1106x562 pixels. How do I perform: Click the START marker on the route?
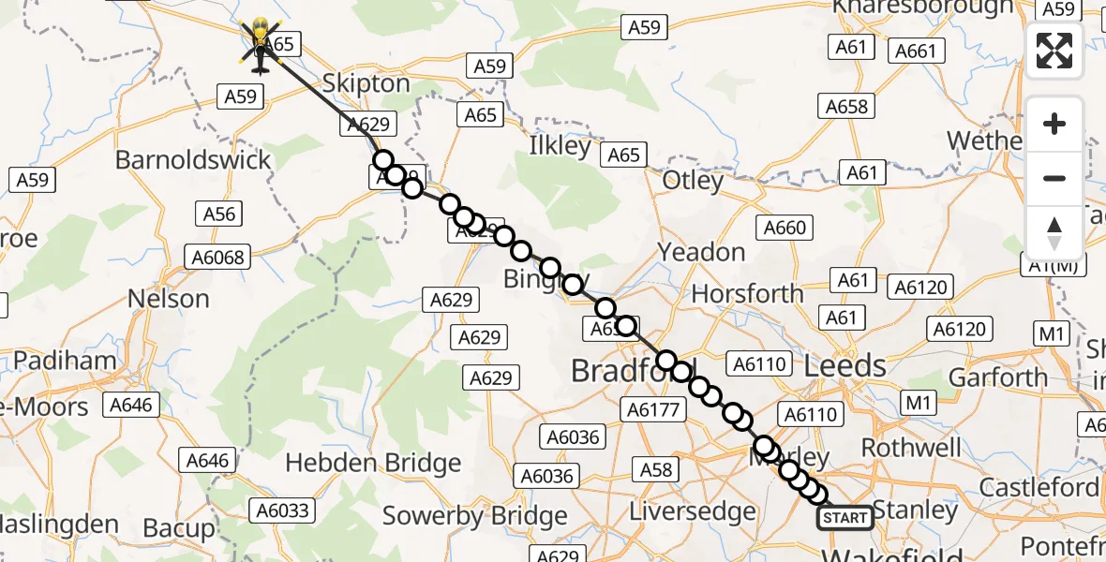coord(845,517)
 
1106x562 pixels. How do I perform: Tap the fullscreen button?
coord(1054,51)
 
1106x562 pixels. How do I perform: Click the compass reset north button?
coord(1054,233)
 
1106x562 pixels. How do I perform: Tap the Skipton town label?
coord(366,83)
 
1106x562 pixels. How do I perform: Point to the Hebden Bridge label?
coord(373,463)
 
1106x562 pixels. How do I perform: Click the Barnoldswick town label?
coord(193,159)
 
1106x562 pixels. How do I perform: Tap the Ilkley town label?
coord(560,146)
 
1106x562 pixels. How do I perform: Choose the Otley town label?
coord(693,180)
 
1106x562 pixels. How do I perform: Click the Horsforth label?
coord(747,293)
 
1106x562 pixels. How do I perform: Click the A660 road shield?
coord(785,228)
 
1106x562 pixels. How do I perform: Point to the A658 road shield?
coord(845,106)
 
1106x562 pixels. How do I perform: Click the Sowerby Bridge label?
coord(475,515)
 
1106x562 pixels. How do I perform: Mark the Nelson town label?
coord(170,299)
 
